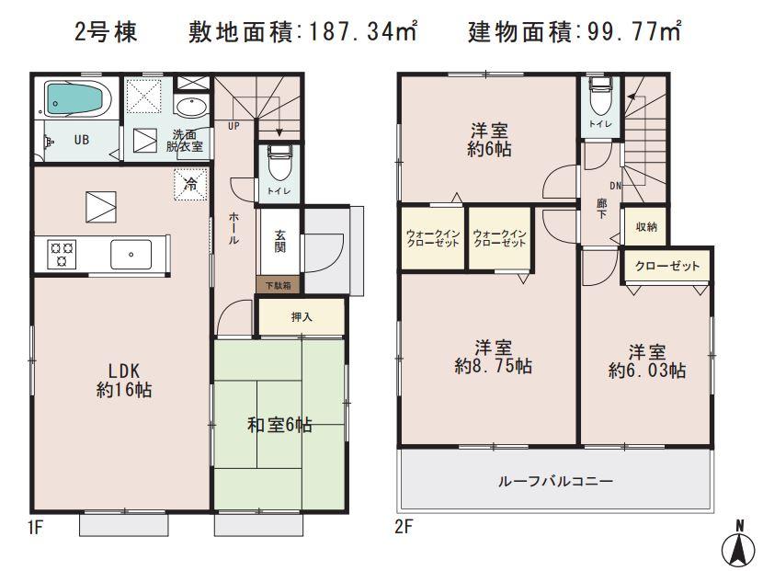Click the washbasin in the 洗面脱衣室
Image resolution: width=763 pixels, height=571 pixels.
click(x=191, y=108)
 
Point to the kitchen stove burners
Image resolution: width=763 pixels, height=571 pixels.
click(x=63, y=253)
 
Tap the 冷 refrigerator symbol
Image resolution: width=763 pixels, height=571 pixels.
click(x=190, y=184)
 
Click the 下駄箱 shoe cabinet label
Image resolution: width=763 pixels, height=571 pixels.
click(x=278, y=285)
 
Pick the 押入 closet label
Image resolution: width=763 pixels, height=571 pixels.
click(x=302, y=317)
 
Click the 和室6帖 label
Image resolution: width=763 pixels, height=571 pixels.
click(x=279, y=425)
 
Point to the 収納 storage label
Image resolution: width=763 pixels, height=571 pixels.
click(x=645, y=226)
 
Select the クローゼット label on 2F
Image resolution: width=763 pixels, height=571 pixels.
click(x=667, y=266)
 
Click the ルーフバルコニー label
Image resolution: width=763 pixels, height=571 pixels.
click(x=555, y=481)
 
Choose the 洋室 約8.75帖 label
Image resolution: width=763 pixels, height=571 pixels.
click(x=493, y=357)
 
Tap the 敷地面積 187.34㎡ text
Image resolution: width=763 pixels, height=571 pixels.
click(x=303, y=33)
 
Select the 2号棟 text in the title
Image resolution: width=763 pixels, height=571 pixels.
click(x=106, y=33)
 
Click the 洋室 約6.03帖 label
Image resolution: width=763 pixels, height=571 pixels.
click(x=647, y=360)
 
